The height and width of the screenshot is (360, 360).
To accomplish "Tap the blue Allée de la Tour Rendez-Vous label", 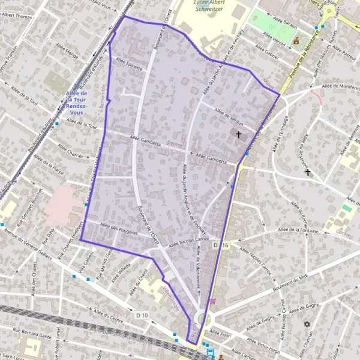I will click(x=77, y=103).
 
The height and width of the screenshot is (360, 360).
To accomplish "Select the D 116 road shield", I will click(x=221, y=246).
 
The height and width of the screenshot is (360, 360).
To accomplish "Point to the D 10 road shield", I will click(x=142, y=315).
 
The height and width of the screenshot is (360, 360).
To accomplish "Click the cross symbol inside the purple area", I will click(x=238, y=135).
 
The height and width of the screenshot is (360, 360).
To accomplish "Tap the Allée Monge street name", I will click(x=66, y=53).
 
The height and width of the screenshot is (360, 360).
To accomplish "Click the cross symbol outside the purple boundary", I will click(x=308, y=172).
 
